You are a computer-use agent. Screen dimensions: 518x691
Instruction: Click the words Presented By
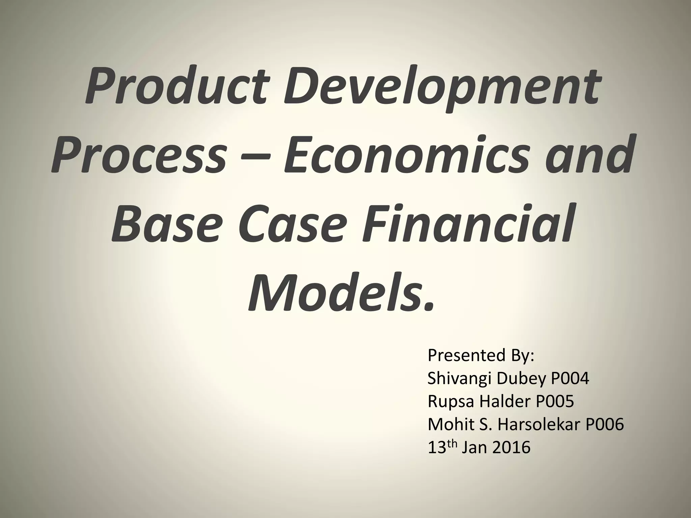click(481, 355)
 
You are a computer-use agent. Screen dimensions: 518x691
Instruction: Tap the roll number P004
click(570, 379)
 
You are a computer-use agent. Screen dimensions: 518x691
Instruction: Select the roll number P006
click(605, 425)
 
